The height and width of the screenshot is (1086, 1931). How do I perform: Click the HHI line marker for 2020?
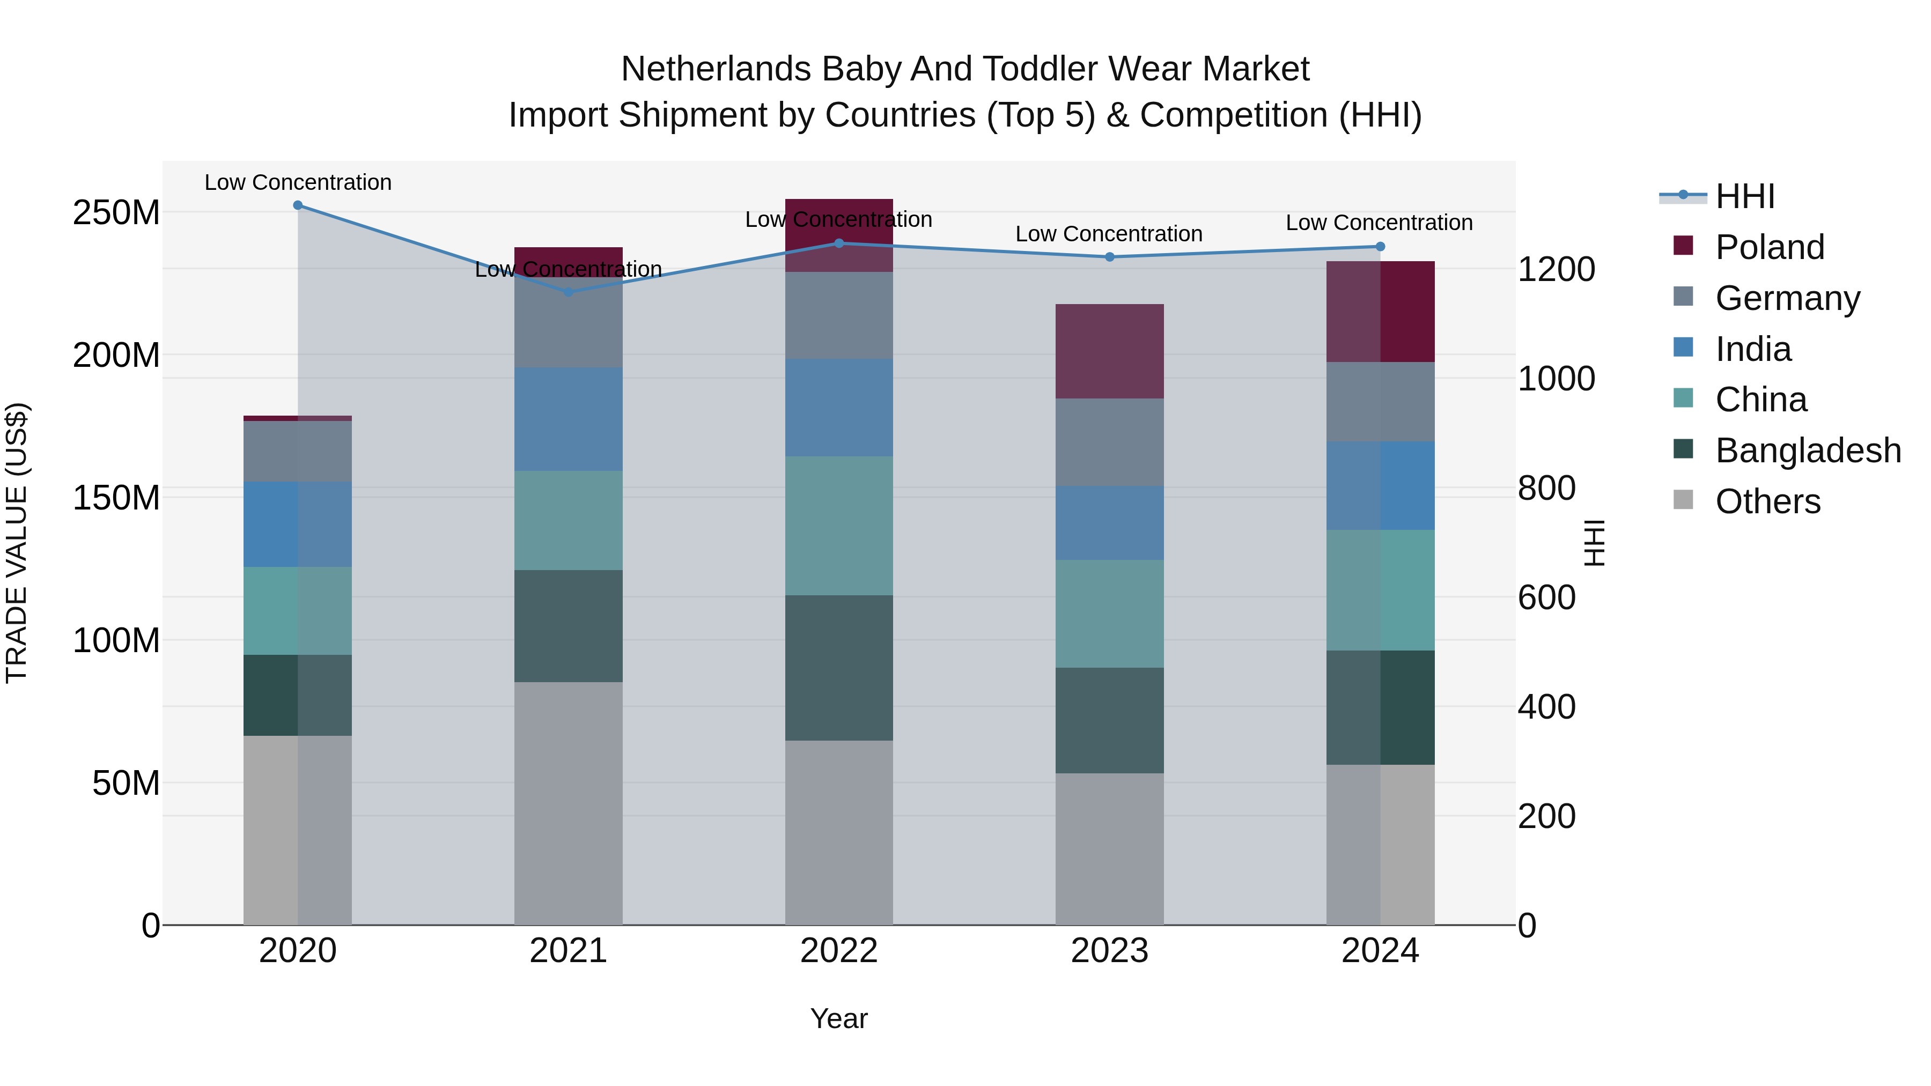point(298,205)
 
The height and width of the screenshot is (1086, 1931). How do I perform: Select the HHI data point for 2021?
point(568,292)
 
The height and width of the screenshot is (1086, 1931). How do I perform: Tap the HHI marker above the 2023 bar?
point(1109,257)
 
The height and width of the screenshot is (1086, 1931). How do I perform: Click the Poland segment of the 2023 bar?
point(1109,351)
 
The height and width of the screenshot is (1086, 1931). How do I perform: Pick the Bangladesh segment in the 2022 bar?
point(839,668)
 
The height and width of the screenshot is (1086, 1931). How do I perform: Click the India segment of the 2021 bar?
point(568,419)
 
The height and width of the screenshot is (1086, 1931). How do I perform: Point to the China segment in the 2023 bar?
point(1109,613)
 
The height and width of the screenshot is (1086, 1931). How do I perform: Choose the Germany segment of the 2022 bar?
point(839,315)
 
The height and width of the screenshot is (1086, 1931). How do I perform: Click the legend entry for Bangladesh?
point(1807,450)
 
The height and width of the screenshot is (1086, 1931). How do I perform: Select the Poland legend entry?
point(1769,247)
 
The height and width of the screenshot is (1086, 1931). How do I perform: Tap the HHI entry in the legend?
point(1744,196)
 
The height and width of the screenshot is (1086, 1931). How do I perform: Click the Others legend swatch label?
point(1767,501)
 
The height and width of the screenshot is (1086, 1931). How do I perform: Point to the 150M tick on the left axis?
point(116,498)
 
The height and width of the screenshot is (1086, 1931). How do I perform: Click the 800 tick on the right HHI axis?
point(1546,489)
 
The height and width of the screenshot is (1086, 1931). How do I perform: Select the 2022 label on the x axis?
point(839,951)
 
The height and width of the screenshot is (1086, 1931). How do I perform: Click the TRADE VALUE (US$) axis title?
point(17,543)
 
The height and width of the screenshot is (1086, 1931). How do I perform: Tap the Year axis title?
point(839,1018)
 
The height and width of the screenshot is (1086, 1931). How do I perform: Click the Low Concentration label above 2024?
point(1379,223)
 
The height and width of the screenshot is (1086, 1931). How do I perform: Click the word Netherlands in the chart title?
point(716,69)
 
